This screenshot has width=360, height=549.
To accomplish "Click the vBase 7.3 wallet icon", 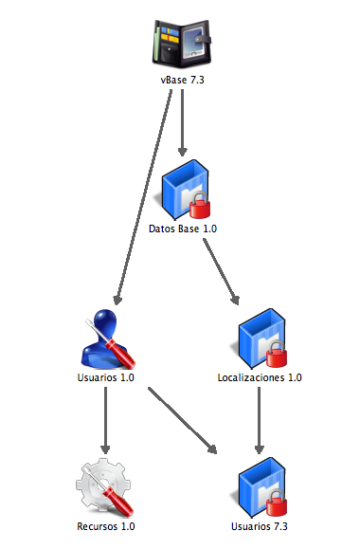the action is pyautogui.click(x=182, y=44).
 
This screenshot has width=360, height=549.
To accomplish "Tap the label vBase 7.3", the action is pyautogui.click(x=182, y=80).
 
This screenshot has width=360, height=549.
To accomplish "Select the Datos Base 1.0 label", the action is pyautogui.click(x=183, y=229).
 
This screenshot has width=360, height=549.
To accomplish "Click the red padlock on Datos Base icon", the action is pyautogui.click(x=200, y=205).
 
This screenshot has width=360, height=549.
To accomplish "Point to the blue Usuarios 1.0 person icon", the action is pyautogui.click(x=107, y=339).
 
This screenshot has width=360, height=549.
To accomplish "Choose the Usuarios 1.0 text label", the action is pyautogui.click(x=106, y=377).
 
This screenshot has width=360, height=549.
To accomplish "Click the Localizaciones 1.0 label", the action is pyautogui.click(x=260, y=377).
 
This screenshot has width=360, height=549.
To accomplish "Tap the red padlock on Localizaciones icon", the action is pyautogui.click(x=277, y=354).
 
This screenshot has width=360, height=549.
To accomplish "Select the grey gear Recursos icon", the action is pyautogui.click(x=104, y=487).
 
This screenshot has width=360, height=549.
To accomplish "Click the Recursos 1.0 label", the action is pyautogui.click(x=106, y=526).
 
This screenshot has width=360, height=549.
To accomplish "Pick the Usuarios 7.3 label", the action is pyautogui.click(x=260, y=526).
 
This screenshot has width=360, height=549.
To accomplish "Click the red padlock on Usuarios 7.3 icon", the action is pyautogui.click(x=277, y=503).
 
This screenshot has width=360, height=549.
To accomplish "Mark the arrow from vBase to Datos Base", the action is pyautogui.click(x=182, y=122).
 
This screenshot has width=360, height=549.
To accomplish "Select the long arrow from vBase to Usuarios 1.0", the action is pyautogui.click(x=144, y=197).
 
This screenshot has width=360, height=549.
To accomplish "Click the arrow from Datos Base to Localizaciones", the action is pyautogui.click(x=221, y=272).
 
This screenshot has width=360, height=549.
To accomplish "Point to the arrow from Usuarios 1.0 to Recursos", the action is pyautogui.click(x=105, y=420).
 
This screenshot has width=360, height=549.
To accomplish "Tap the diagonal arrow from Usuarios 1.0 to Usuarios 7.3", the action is pyautogui.click(x=182, y=420).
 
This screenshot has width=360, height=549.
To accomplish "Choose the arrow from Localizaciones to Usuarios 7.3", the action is pyautogui.click(x=259, y=420).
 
